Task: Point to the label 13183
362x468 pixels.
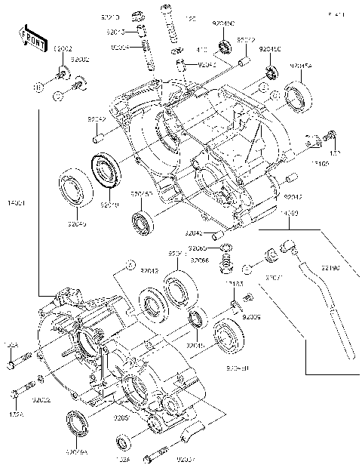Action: (x=233, y=284)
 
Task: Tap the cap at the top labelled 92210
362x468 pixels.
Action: (x=137, y=15)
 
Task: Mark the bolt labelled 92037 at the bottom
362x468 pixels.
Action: (x=158, y=454)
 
